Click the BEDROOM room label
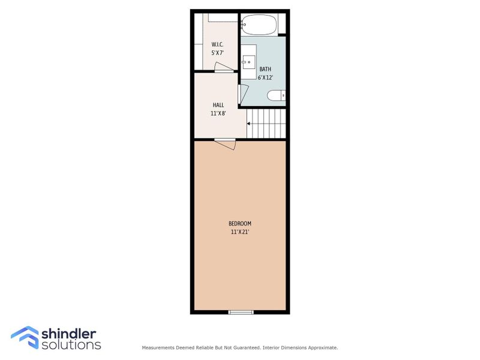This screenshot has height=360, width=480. tap(240, 224)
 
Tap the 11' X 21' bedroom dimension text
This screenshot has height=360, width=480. tap(240, 232)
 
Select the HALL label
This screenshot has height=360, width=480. tap(218, 105)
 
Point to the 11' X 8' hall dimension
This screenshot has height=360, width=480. tap(218, 113)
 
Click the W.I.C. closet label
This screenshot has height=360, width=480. tap(217, 44)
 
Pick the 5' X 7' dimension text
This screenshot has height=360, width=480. tap(217, 53)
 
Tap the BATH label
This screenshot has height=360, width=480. tap(265, 69)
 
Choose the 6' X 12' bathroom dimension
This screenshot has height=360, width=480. tap(265, 77)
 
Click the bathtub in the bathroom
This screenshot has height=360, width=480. tap(259, 26)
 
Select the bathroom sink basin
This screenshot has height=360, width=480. tap(248, 61)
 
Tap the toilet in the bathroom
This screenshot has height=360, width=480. tap(277, 95)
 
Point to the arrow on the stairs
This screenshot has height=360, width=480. tap(250, 124)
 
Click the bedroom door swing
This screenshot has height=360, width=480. tap(226, 143)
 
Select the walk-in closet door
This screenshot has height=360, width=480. tap(223, 68)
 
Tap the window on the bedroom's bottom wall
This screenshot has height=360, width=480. tap(241, 311)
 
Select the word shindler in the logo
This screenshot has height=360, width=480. tap(70, 333)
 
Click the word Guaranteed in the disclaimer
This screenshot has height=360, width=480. tap(245, 347)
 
